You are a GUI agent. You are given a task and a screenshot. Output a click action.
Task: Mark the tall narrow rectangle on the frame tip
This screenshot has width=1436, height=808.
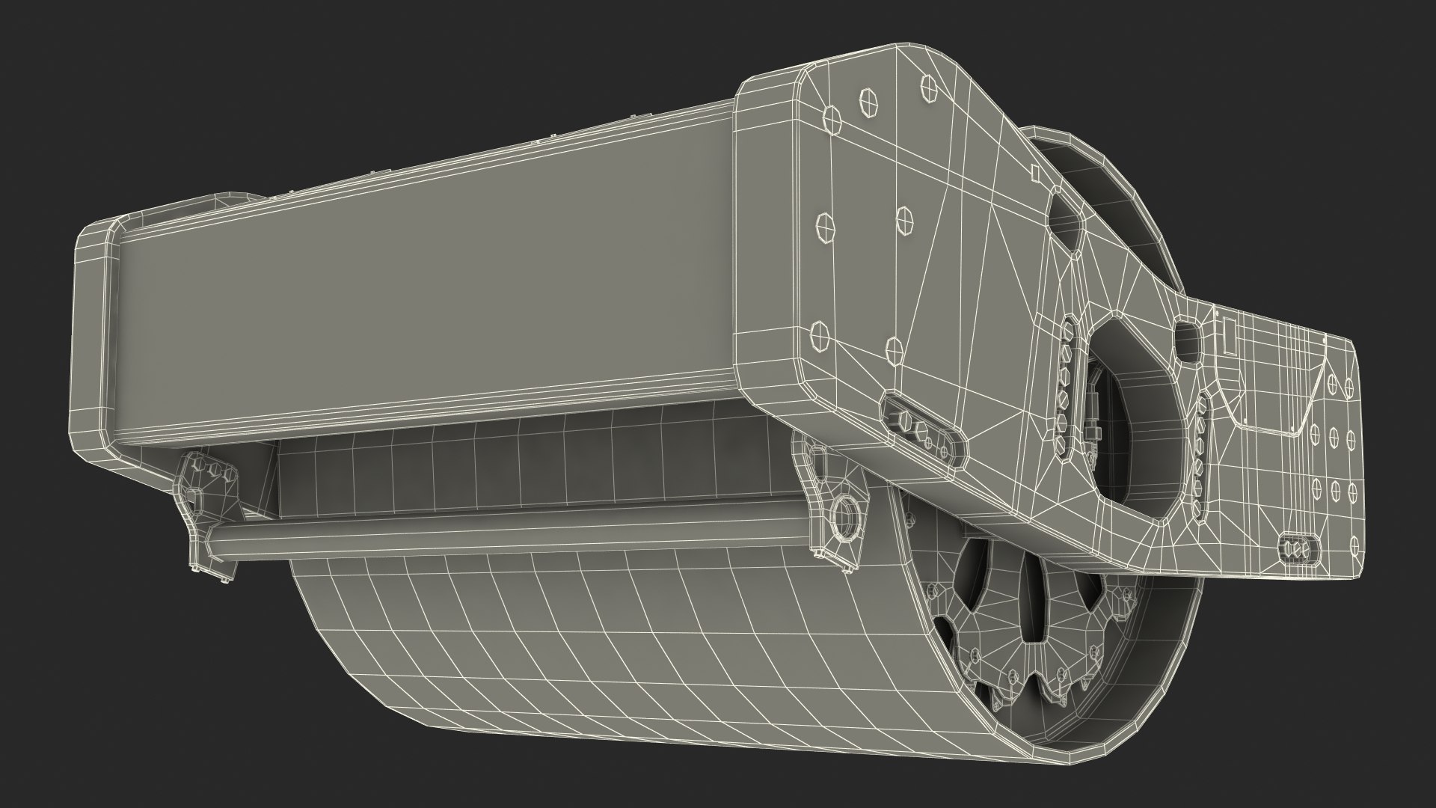(1227, 352)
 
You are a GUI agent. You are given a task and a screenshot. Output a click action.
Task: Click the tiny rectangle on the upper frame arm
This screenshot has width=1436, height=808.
(1037, 173)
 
